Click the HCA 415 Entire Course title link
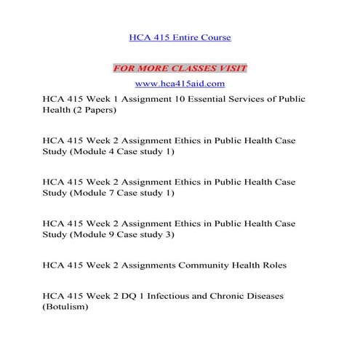pos(180,36)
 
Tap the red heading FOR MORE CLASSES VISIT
pos(180,68)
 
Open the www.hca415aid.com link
pos(180,84)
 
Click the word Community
pos(205,265)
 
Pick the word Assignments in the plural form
pos(148,265)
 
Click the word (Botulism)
pos(65,308)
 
